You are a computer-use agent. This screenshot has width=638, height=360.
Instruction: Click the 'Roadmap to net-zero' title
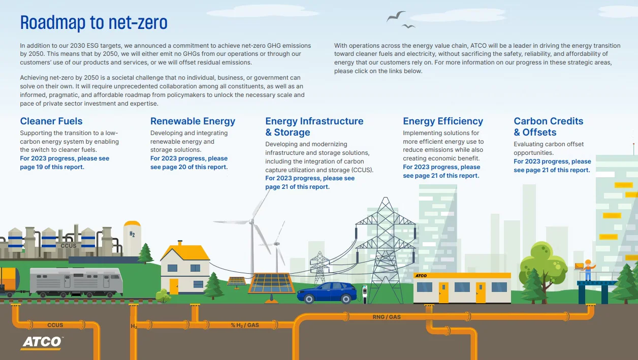pyautogui.click(x=93, y=22)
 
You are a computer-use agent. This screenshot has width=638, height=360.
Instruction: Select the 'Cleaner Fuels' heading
pyautogui.click(x=51, y=121)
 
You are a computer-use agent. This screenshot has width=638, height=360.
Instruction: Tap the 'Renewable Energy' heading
pyautogui.click(x=193, y=121)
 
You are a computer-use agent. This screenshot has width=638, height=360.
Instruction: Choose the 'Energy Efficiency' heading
pyautogui.click(x=443, y=121)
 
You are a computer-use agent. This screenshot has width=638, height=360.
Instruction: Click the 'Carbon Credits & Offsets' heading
pyautogui.click(x=549, y=127)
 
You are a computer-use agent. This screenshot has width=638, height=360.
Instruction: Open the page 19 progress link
pyautogui.click(x=65, y=162)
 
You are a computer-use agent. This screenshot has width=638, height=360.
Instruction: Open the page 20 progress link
pyautogui.click(x=189, y=162)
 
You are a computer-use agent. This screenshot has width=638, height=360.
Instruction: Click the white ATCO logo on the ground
pyautogui.click(x=42, y=343)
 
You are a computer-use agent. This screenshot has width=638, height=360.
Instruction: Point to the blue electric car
pyautogui.click(x=327, y=292)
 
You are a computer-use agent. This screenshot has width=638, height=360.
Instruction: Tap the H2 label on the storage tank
pyautogui.click(x=132, y=234)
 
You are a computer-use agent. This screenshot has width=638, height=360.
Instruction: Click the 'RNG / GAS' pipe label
pyautogui.click(x=387, y=317)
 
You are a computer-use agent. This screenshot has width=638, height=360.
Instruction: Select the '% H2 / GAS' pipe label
pyautogui.click(x=245, y=325)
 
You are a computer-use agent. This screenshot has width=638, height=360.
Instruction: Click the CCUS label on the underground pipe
pyautogui.click(x=55, y=325)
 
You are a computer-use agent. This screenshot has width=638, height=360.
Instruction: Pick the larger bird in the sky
pyautogui.click(x=396, y=16)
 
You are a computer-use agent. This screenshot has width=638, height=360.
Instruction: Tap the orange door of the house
pyautogui.click(x=174, y=286)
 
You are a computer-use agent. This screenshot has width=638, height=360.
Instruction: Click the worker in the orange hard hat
pyautogui.click(x=588, y=270)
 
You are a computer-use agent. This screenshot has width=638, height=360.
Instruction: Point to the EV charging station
pyautogui.click(x=365, y=293)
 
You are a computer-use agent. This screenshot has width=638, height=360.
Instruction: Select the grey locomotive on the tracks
pyautogui.click(x=76, y=281)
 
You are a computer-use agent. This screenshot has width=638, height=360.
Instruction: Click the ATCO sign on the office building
pyautogui.click(x=421, y=276)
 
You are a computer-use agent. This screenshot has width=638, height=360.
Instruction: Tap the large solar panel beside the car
pyautogui.click(x=271, y=283)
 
